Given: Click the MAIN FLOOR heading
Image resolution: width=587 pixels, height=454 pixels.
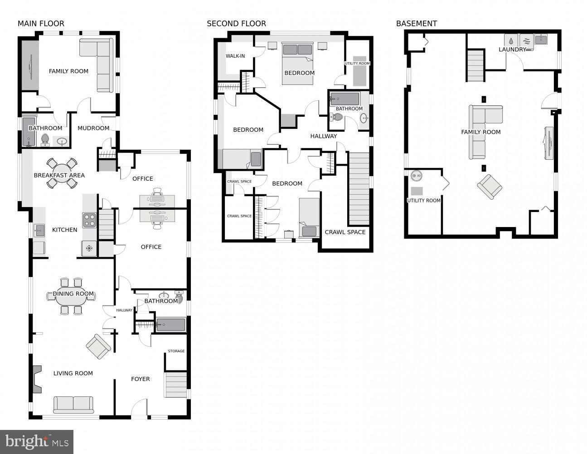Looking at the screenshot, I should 41,24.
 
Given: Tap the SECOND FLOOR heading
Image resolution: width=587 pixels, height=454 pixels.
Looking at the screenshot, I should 236,24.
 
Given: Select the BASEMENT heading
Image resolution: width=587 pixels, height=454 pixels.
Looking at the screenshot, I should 416,24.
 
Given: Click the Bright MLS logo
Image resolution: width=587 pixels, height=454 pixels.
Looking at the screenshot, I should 37,441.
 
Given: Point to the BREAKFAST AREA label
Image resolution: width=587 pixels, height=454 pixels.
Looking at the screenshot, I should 59,175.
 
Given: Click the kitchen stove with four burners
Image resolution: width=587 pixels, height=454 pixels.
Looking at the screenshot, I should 89,220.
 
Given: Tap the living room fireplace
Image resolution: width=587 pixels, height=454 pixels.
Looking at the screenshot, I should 37,379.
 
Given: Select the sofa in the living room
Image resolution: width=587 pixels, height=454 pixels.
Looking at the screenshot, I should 73,404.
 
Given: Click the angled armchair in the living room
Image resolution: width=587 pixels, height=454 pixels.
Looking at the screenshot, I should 98,347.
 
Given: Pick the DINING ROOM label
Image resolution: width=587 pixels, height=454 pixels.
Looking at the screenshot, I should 73,294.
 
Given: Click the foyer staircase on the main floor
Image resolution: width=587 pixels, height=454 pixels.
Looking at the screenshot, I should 176,385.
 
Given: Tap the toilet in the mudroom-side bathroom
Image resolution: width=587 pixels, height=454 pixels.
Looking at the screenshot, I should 45,139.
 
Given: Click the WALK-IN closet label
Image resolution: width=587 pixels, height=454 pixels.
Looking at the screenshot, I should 235,56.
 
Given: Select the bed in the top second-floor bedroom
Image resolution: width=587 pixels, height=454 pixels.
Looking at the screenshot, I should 297,64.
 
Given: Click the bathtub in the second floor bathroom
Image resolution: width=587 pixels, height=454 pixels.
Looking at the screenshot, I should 344,99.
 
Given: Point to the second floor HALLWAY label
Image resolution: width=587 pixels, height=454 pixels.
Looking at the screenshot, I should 323,136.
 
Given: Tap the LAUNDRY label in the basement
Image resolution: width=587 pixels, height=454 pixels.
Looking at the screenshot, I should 512,49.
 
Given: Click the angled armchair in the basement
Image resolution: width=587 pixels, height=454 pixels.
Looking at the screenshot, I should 490,187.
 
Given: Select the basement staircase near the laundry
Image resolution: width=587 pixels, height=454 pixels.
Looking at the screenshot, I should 476,65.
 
